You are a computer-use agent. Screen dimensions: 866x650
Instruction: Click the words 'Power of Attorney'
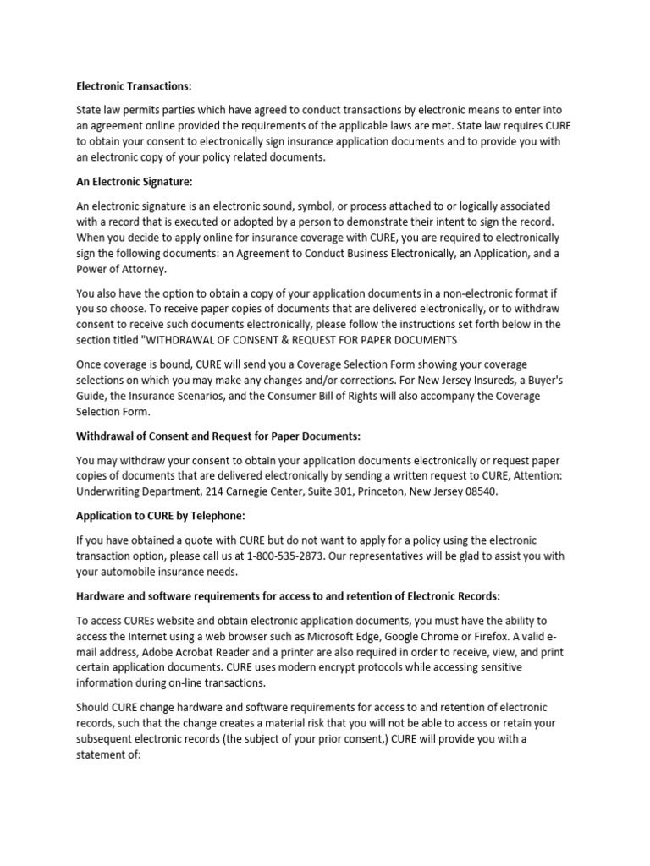(x=123, y=269)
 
